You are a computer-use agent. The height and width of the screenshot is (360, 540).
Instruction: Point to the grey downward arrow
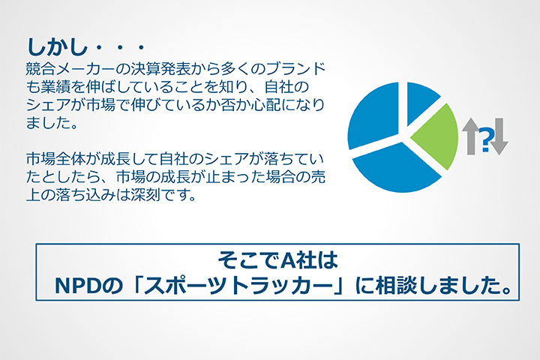[x=499, y=136]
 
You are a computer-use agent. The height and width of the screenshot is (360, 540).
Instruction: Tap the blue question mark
[x=485, y=139]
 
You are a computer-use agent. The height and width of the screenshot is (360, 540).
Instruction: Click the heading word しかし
[x=57, y=46]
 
